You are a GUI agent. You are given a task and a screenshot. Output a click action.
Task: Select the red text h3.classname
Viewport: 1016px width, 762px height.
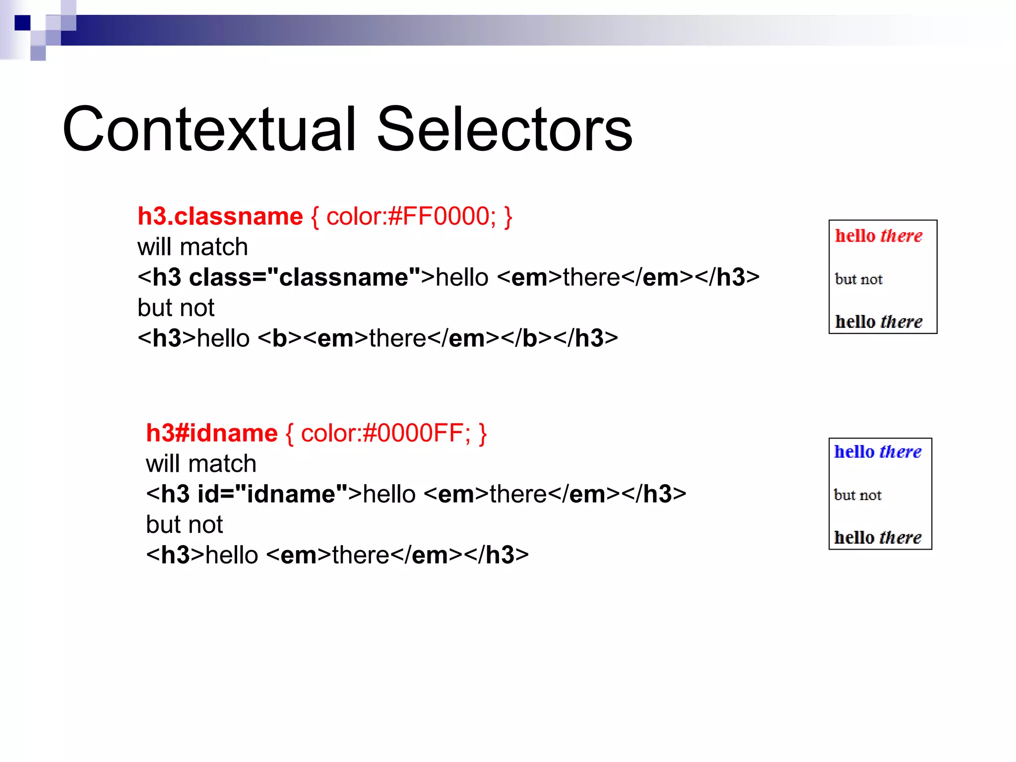point(220,217)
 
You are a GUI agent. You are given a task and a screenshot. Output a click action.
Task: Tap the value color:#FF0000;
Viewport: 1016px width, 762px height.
point(411,217)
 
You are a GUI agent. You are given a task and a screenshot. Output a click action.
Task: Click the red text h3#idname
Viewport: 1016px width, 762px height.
point(212,433)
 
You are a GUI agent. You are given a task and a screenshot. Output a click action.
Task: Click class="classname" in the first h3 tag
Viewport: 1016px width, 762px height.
point(305,277)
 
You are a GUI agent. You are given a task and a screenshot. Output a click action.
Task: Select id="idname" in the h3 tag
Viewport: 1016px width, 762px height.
point(272,494)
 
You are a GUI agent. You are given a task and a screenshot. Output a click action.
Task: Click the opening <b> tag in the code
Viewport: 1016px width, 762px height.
point(280,338)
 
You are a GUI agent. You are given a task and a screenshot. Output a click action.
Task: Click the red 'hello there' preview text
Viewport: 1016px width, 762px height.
point(878,236)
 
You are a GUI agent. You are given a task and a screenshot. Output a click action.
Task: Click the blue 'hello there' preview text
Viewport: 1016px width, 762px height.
point(877,452)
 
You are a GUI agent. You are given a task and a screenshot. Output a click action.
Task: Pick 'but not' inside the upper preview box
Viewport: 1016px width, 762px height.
point(858,279)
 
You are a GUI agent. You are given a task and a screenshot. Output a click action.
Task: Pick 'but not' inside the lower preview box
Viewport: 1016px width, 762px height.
point(857,495)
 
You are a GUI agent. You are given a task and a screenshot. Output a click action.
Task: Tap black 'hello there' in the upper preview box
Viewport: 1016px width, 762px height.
point(878,321)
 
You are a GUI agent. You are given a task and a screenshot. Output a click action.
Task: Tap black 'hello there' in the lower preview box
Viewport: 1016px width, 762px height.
point(877,538)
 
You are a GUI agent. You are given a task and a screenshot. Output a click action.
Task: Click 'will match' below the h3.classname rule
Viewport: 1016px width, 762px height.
point(192,247)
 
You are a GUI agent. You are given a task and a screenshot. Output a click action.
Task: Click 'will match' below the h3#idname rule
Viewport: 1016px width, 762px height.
point(201,464)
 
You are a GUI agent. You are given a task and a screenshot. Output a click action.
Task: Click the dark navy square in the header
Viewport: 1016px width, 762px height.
point(22,23)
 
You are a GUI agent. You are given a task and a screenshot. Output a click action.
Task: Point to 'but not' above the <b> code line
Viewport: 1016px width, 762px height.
point(176,308)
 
